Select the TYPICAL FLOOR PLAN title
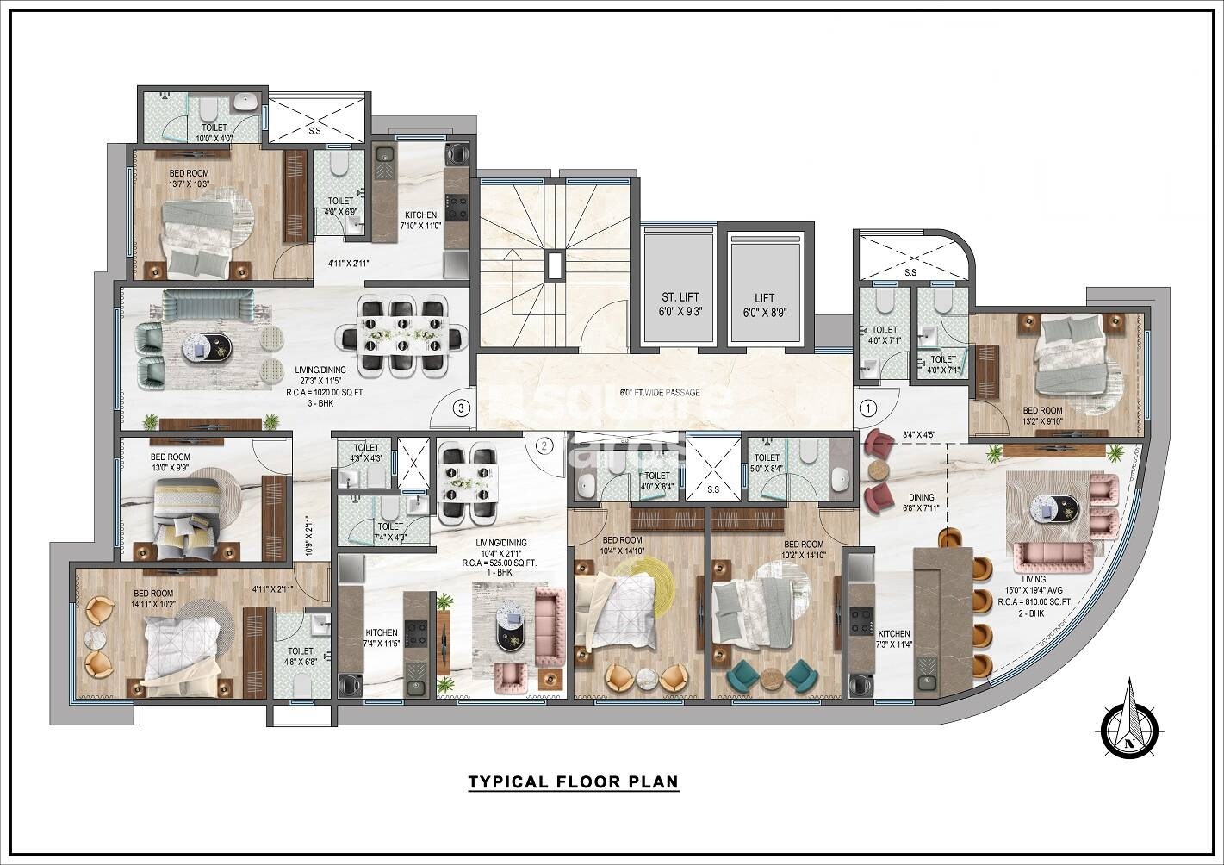tap(573, 782)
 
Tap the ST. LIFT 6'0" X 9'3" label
tap(676, 306)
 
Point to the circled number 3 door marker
tap(463, 408)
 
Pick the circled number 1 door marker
tap(867, 408)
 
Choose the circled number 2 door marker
tap(544, 445)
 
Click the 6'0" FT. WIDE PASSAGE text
tap(660, 393)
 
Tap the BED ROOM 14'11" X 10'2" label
tap(153, 599)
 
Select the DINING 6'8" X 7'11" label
tap(897, 502)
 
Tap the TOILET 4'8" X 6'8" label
tap(300, 657)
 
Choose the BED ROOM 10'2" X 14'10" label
tap(803, 550)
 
